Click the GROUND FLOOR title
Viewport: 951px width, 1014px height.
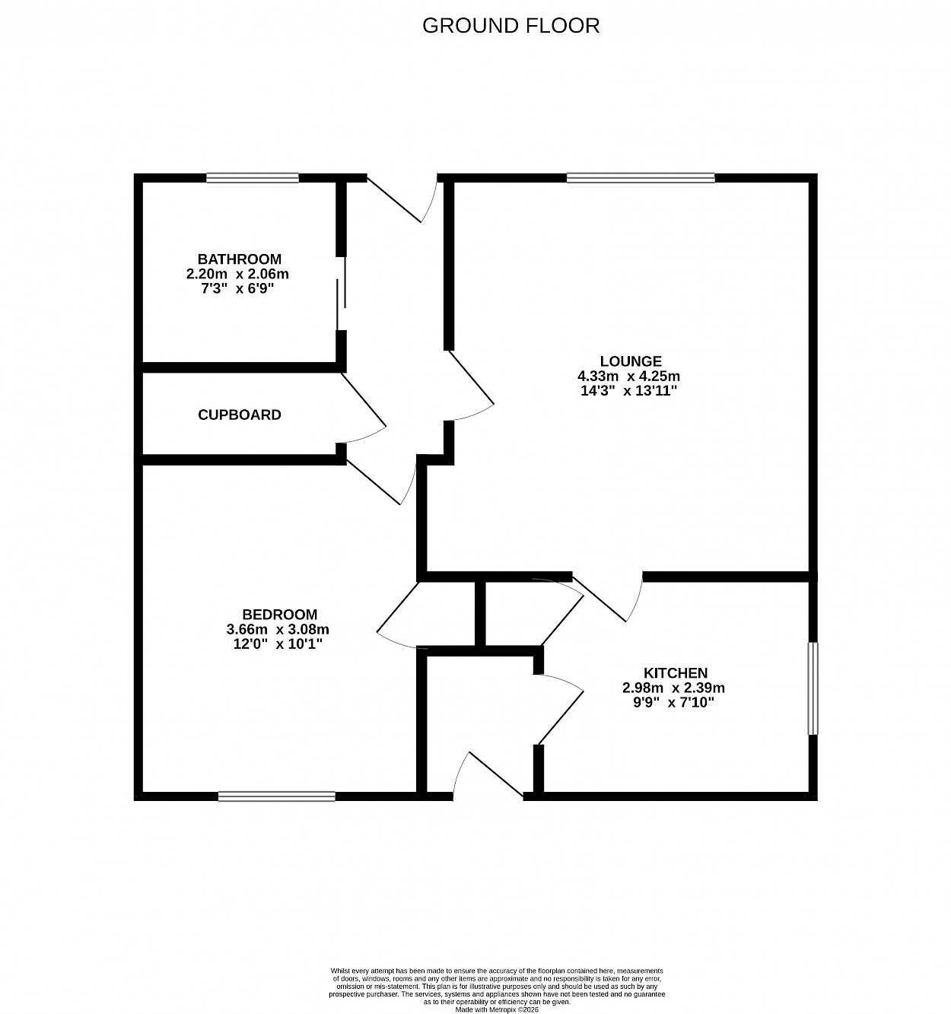coord(510,26)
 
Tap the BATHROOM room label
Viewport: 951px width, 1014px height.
coord(240,259)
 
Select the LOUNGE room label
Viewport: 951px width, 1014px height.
coord(630,361)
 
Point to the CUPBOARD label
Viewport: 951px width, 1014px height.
coord(240,415)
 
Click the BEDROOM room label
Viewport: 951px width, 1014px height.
coord(279,614)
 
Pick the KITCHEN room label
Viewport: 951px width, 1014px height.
coord(675,672)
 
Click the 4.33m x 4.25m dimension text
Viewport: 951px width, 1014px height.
coord(628,377)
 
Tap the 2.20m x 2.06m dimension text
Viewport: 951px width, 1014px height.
coord(237,274)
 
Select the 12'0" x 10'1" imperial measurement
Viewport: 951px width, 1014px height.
coord(278,644)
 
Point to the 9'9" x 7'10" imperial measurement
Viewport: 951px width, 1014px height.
coord(673,702)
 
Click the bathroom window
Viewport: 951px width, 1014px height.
coord(253,178)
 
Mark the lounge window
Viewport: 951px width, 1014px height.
coord(641,178)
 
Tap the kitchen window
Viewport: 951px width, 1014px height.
coord(813,688)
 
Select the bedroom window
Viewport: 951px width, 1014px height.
coord(277,796)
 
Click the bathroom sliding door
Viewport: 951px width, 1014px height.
coord(342,293)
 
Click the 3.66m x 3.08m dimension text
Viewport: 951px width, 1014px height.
coord(278,629)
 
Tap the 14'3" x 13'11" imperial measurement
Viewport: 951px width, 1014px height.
coord(628,391)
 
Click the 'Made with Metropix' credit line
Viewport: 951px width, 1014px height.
coord(497,1009)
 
